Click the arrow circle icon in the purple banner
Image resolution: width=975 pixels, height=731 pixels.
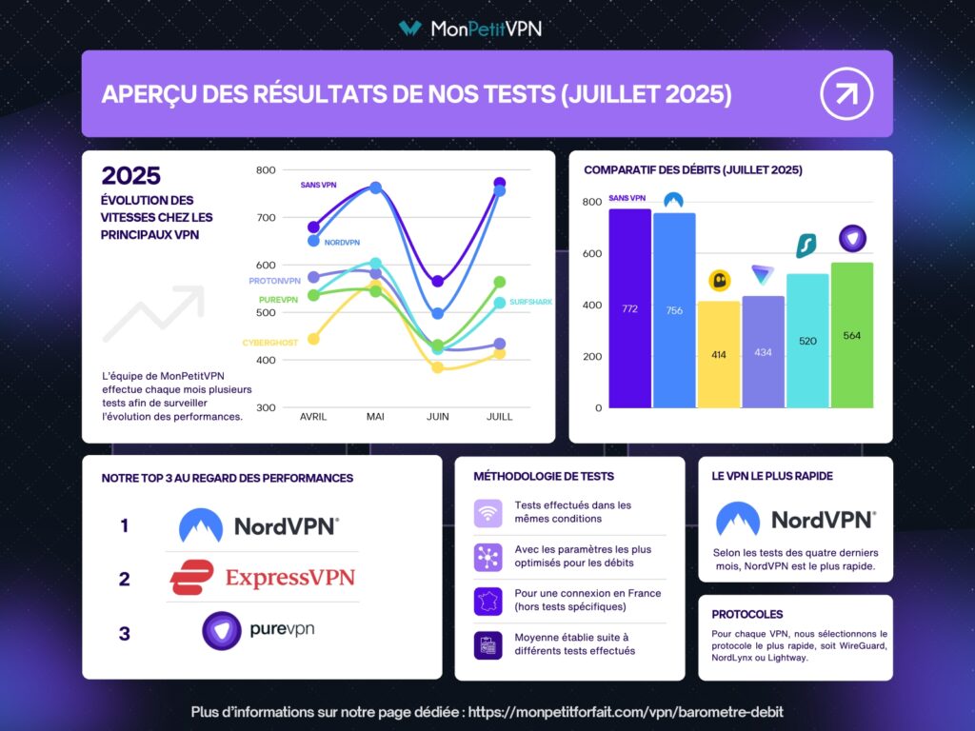point(846,94)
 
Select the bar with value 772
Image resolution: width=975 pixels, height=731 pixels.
point(629,308)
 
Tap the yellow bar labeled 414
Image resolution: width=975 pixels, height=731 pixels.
point(719,354)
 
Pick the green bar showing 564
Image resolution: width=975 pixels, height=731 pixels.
point(851,335)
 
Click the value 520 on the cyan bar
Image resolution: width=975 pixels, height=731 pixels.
point(807,341)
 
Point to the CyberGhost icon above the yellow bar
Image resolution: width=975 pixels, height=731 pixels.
point(719,281)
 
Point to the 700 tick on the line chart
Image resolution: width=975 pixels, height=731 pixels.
point(266,218)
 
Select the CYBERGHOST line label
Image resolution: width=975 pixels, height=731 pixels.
point(270,343)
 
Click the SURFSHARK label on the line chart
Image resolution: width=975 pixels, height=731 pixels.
point(530,302)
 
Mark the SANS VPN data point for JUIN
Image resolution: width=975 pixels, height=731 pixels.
point(438,282)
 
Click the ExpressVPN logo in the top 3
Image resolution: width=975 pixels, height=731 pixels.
point(262,578)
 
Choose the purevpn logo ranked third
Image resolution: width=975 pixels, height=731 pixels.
point(258,630)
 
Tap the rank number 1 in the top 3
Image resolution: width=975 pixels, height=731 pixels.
point(125,525)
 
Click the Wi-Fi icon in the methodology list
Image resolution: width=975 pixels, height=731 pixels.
point(487,513)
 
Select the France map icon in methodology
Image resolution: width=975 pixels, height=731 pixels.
point(487,601)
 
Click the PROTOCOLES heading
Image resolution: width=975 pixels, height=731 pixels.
point(747,614)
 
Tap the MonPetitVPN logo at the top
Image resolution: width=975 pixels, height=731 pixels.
point(471,29)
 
